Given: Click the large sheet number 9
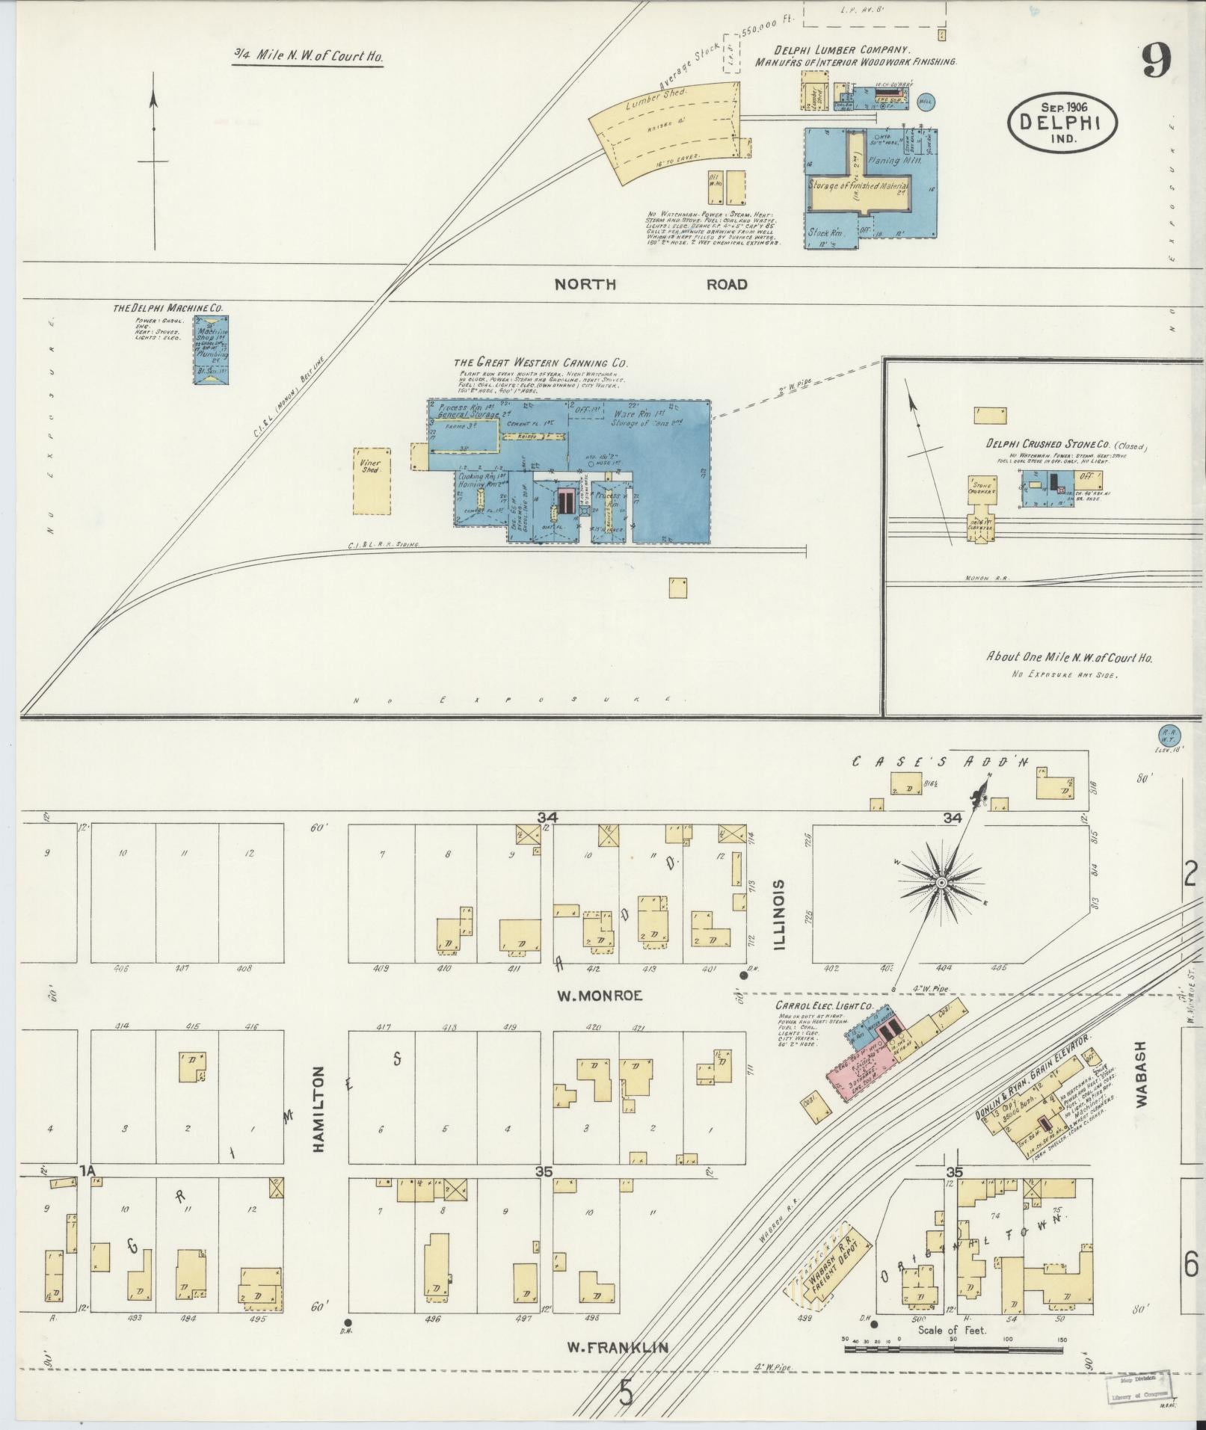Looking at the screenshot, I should [x=1155, y=62].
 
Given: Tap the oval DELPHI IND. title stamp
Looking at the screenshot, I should [x=1062, y=123].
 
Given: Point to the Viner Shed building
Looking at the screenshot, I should [x=370, y=481].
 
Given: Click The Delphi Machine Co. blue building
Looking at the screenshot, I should [x=212, y=350].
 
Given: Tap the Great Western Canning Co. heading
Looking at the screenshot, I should [x=541, y=363].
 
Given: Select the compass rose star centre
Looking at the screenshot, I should [x=941, y=884].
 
